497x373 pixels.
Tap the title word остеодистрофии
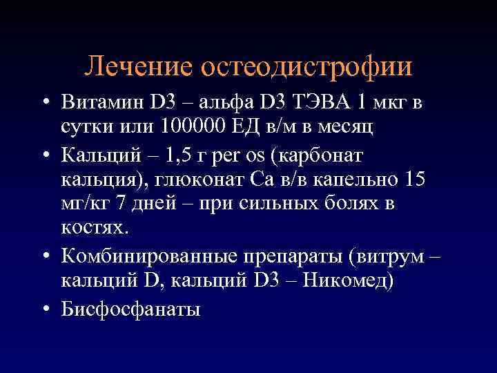click(x=306, y=66)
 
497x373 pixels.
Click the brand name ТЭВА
click(x=322, y=104)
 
